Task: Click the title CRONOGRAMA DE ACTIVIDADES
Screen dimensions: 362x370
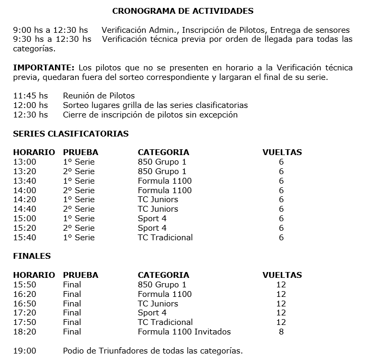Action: click(183, 11)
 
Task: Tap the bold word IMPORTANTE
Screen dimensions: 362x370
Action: click(43, 68)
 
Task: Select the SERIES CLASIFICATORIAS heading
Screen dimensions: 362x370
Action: click(70, 134)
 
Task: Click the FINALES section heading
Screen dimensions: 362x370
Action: click(32, 256)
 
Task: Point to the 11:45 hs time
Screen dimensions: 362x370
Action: click(30, 96)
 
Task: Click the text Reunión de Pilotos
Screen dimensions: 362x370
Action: click(98, 96)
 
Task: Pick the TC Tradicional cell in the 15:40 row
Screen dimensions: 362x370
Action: click(165, 238)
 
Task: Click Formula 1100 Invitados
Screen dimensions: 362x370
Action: click(184, 332)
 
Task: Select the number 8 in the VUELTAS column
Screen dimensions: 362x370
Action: click(281, 332)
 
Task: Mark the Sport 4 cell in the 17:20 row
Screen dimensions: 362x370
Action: click(152, 313)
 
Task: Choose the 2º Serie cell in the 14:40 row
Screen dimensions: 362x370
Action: click(79, 209)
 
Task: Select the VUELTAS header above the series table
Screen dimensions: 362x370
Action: click(282, 152)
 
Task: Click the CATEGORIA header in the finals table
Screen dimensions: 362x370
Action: click(163, 275)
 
